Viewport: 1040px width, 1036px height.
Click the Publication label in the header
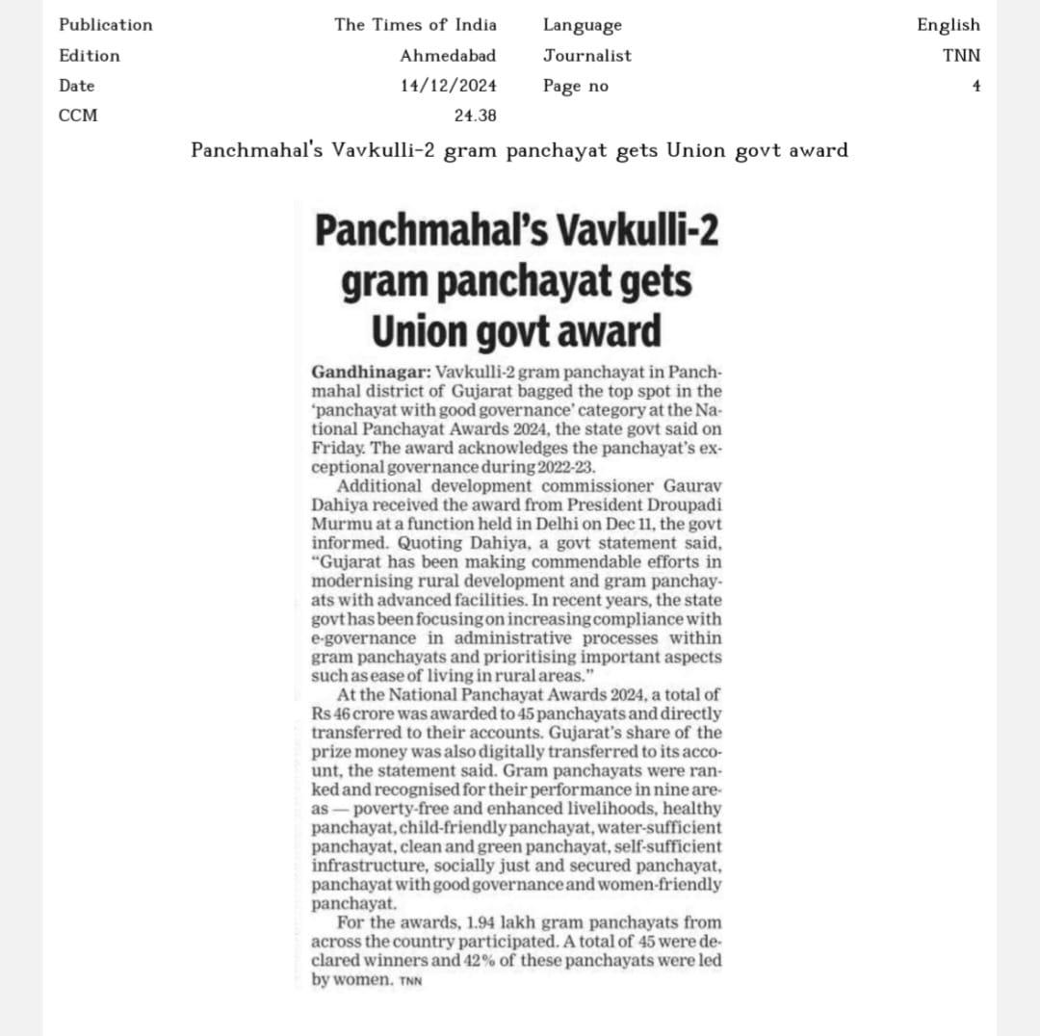tap(105, 25)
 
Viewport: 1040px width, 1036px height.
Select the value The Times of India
tap(415, 25)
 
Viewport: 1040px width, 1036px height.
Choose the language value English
tap(948, 25)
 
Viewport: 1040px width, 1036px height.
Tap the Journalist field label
tap(587, 56)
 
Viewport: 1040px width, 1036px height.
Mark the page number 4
tap(975, 86)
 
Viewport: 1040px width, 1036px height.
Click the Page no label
tap(576, 86)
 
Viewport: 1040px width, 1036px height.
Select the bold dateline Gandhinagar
tap(372, 373)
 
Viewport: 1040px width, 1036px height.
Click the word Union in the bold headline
tap(419, 332)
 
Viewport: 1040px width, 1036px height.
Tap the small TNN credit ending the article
tap(410, 981)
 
